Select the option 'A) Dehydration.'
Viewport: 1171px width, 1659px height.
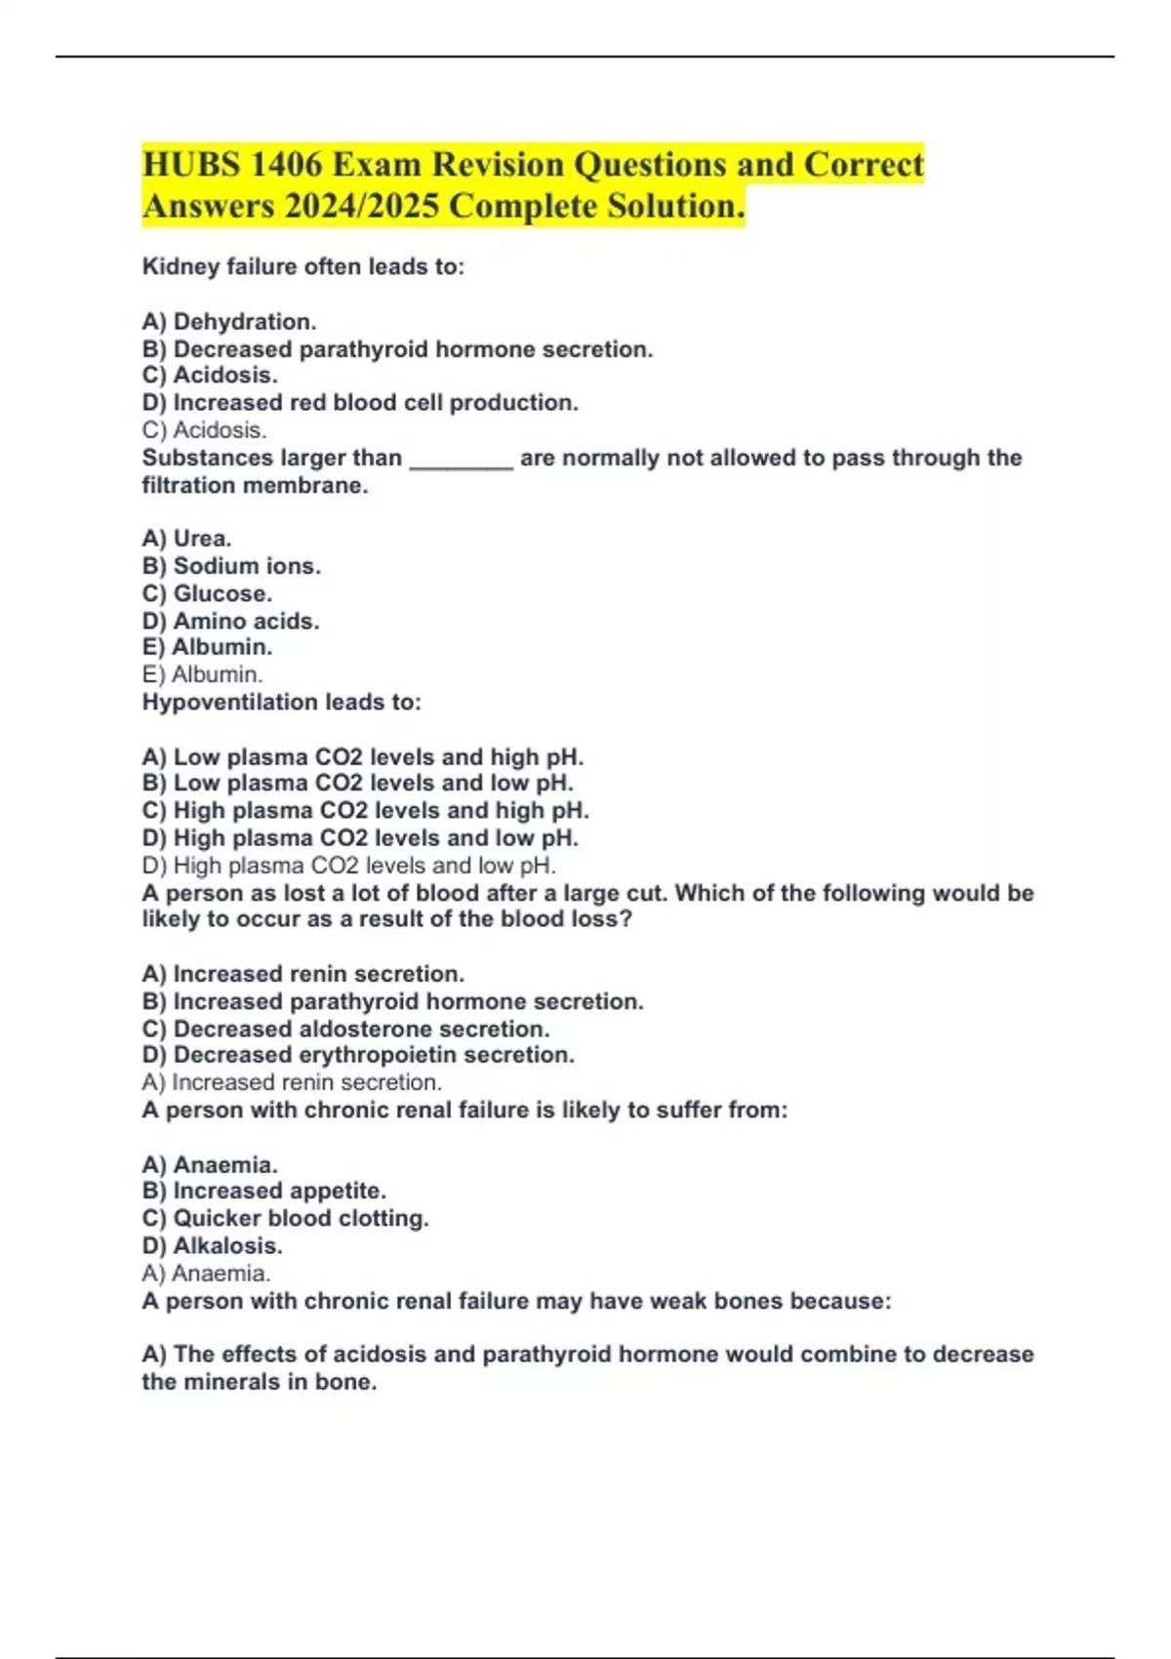229,322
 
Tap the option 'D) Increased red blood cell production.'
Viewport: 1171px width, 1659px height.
360,403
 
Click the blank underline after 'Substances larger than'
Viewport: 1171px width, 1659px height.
461,460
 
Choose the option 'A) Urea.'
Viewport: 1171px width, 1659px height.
186,539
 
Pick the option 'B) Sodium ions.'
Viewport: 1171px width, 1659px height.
231,566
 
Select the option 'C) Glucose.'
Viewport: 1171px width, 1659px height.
207,593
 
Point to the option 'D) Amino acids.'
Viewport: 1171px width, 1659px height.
230,621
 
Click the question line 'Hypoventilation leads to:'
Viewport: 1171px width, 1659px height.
281,703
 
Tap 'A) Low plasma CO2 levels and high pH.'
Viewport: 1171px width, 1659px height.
362,757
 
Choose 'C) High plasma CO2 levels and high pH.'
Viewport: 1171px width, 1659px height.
365,811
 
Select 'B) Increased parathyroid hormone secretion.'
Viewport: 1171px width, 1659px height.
392,1001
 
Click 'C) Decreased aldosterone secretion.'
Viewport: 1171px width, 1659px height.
345,1029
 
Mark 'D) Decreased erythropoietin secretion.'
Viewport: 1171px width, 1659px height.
358,1055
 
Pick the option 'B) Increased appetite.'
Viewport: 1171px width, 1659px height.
263,1191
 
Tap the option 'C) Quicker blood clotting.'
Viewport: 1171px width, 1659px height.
285,1218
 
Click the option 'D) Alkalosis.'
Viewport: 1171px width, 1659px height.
212,1245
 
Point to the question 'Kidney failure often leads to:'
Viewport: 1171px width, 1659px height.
303,267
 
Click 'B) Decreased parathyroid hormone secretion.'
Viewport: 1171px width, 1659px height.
397,349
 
